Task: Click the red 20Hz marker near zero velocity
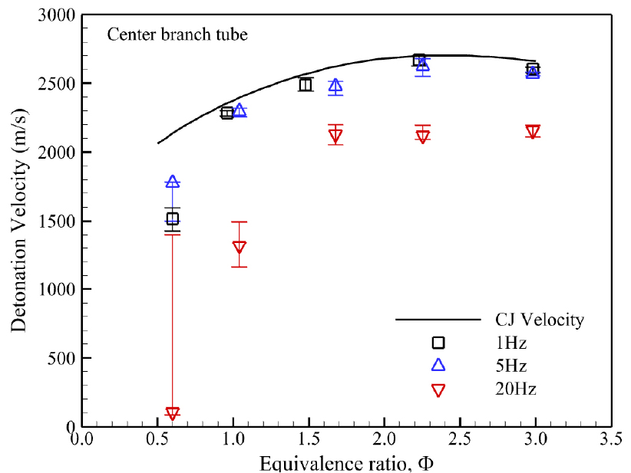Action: click(x=172, y=413)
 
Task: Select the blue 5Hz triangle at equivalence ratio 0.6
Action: click(x=172, y=182)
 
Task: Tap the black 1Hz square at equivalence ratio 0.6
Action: click(x=172, y=218)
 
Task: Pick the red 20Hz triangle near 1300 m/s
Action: click(x=239, y=247)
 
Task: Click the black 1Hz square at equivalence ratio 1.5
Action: click(x=306, y=85)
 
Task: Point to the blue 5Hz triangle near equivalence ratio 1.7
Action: click(x=335, y=86)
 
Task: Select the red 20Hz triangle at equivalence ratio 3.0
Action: click(x=533, y=132)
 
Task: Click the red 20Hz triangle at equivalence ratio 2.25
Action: click(x=422, y=137)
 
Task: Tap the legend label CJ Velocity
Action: click(x=539, y=320)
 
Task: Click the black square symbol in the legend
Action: click(x=438, y=343)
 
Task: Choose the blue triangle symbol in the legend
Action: click(x=438, y=365)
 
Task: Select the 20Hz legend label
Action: click(x=516, y=389)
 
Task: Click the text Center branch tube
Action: click(x=177, y=34)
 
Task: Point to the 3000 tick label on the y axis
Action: click(x=57, y=15)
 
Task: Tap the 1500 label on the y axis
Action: click(x=57, y=221)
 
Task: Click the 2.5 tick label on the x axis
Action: click(x=460, y=439)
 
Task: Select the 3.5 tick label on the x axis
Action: click(x=611, y=439)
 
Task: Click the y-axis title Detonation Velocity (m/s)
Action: click(x=18, y=221)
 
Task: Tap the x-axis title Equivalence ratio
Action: click(x=347, y=464)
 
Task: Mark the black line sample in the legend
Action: click(x=438, y=320)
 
